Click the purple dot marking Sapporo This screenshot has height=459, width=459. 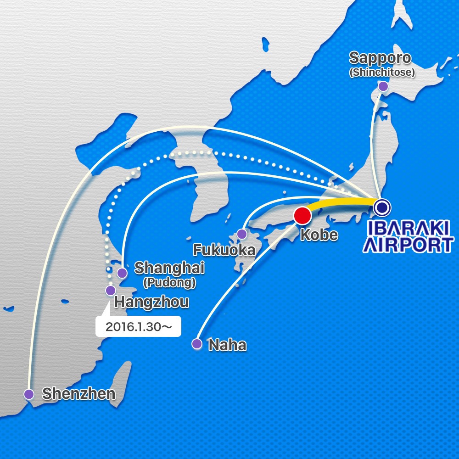(x=383, y=86)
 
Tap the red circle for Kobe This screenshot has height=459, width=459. (x=302, y=216)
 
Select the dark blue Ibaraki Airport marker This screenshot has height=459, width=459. (x=382, y=207)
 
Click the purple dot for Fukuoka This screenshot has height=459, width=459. (x=242, y=234)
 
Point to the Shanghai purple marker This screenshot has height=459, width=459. (x=122, y=273)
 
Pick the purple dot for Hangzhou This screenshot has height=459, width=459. (x=111, y=291)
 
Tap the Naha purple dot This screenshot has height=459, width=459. (x=197, y=344)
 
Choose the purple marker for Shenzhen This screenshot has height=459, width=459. (x=29, y=394)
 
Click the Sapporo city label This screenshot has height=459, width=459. (x=380, y=59)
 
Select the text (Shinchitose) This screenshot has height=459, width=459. (x=382, y=73)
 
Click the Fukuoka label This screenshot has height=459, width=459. (x=224, y=250)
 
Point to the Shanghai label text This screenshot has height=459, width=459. (x=169, y=269)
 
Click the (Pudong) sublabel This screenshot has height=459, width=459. (x=169, y=283)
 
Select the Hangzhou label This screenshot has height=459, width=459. (x=151, y=302)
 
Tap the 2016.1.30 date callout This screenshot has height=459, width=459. (x=138, y=327)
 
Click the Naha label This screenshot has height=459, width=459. (x=227, y=345)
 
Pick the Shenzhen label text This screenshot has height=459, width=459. (x=78, y=394)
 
